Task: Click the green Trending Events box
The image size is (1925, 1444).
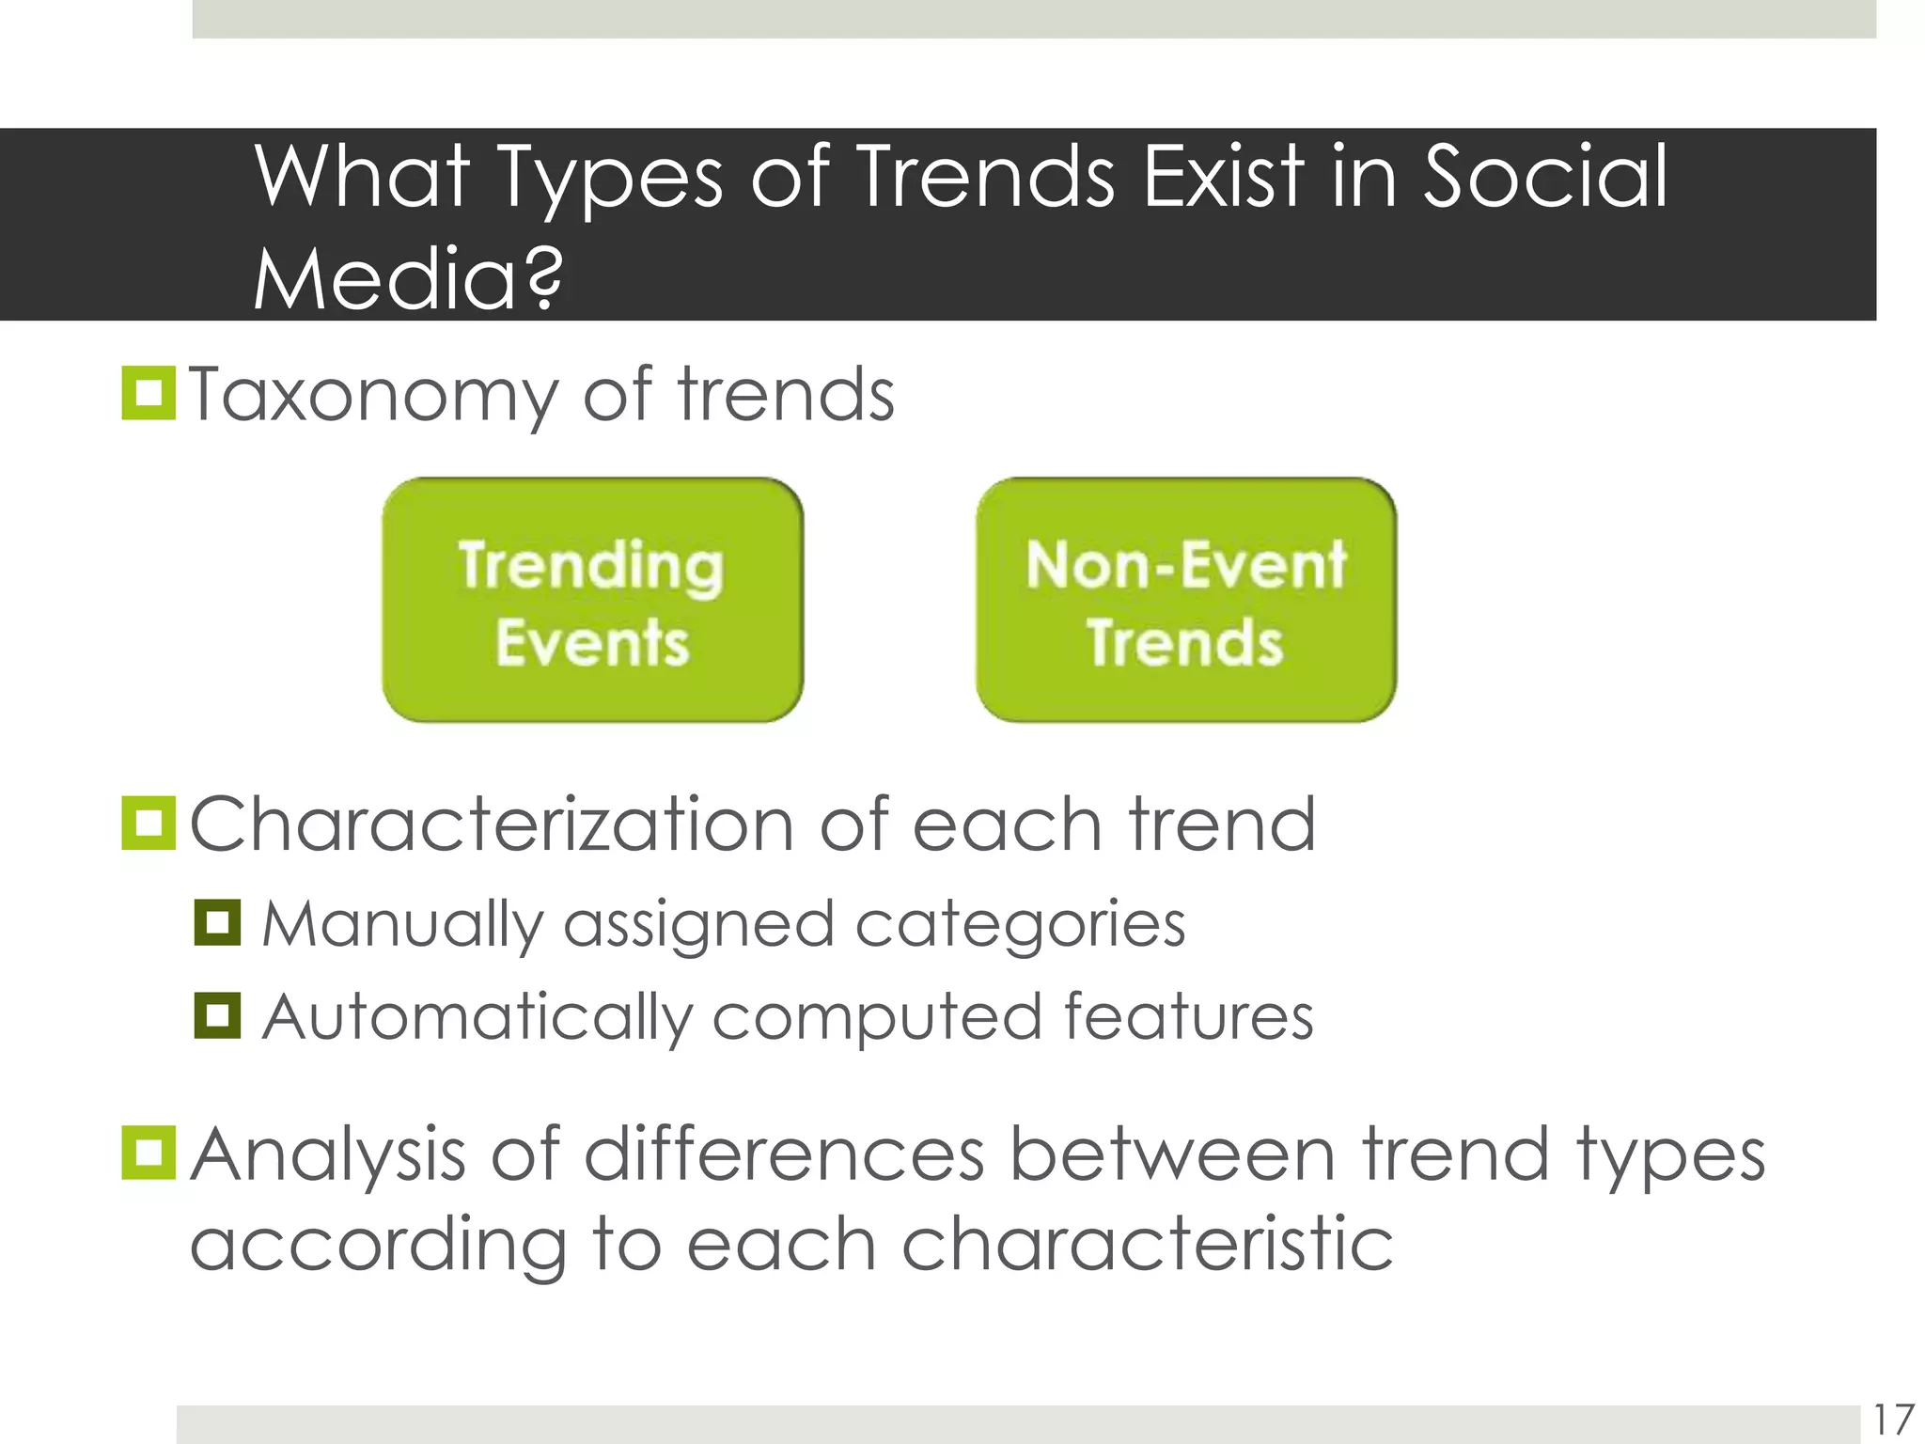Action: pos(592,600)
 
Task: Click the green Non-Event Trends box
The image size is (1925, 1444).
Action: pos(1186,600)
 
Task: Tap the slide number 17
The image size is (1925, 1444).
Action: pos(1893,1420)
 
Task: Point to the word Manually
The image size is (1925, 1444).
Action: pos(402,924)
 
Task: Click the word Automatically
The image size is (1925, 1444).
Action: pos(474,1018)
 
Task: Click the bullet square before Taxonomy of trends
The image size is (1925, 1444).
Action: pos(149,394)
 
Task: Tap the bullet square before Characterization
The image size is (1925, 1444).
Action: pos(149,824)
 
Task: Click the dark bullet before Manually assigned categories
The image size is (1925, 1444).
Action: pos(217,922)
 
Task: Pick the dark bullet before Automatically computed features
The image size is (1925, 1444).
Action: pos(217,1015)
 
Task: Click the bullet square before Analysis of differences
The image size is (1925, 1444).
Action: pos(149,1154)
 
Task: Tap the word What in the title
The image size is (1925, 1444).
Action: pos(363,176)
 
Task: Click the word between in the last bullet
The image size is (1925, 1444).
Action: pos(1171,1154)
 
